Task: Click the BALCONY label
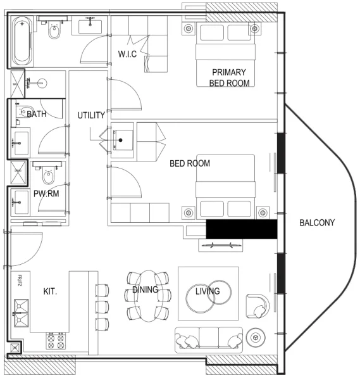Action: coord(317,223)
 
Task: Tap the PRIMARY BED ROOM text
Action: coord(229,77)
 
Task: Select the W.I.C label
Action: coord(127,54)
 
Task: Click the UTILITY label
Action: coord(91,116)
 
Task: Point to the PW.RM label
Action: coord(46,194)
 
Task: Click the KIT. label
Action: coord(51,293)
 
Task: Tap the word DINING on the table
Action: coord(145,290)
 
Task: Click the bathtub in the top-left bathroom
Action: coord(23,41)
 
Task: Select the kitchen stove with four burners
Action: coord(56,341)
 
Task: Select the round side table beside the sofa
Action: coord(256,338)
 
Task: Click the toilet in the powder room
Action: coord(48,172)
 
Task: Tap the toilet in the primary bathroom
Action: coord(54,28)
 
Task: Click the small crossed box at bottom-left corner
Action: coord(14,348)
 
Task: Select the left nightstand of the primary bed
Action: coord(189,29)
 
